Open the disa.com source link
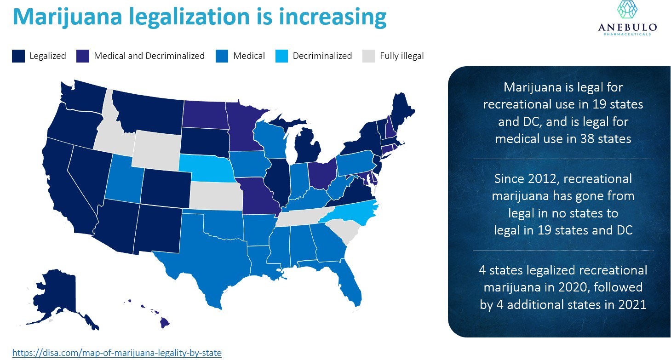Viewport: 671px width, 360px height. coord(117,353)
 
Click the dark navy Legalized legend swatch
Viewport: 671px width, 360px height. coord(18,56)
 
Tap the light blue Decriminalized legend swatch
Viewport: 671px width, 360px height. coord(281,56)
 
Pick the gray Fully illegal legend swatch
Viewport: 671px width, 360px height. coord(368,56)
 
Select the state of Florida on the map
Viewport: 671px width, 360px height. coord(352,280)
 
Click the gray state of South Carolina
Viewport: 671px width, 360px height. coord(344,230)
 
